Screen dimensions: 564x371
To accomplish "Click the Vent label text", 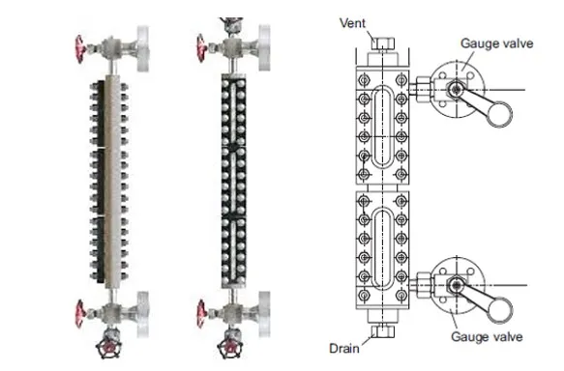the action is (x=352, y=23).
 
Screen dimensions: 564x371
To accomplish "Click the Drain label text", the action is (x=344, y=349).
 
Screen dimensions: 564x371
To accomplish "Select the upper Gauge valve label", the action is (x=496, y=43).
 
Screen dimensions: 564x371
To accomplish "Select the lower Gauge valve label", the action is (x=487, y=337).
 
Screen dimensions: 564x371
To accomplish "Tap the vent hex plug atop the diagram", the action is (x=383, y=43).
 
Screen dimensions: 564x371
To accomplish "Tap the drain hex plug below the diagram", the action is (x=383, y=331).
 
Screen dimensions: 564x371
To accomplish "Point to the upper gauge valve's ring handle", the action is (x=500, y=114).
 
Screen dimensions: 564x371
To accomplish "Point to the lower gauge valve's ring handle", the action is (x=500, y=311).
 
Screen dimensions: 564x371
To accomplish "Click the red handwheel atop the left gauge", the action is (x=80, y=49).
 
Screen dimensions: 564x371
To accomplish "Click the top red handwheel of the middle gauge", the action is (x=201, y=47).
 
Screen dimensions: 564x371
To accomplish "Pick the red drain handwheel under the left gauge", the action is (x=108, y=348).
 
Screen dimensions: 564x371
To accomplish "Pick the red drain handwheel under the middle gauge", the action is (x=230, y=348).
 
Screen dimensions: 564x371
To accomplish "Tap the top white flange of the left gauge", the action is (x=143, y=48).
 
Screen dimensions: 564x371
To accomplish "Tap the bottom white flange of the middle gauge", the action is (x=264, y=314).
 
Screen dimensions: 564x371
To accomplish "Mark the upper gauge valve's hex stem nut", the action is (x=456, y=89).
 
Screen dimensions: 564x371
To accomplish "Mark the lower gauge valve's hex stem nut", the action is (x=456, y=285).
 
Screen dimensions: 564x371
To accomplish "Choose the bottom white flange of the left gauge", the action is (x=143, y=314).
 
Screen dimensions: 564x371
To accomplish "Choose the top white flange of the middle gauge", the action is (x=264, y=47).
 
